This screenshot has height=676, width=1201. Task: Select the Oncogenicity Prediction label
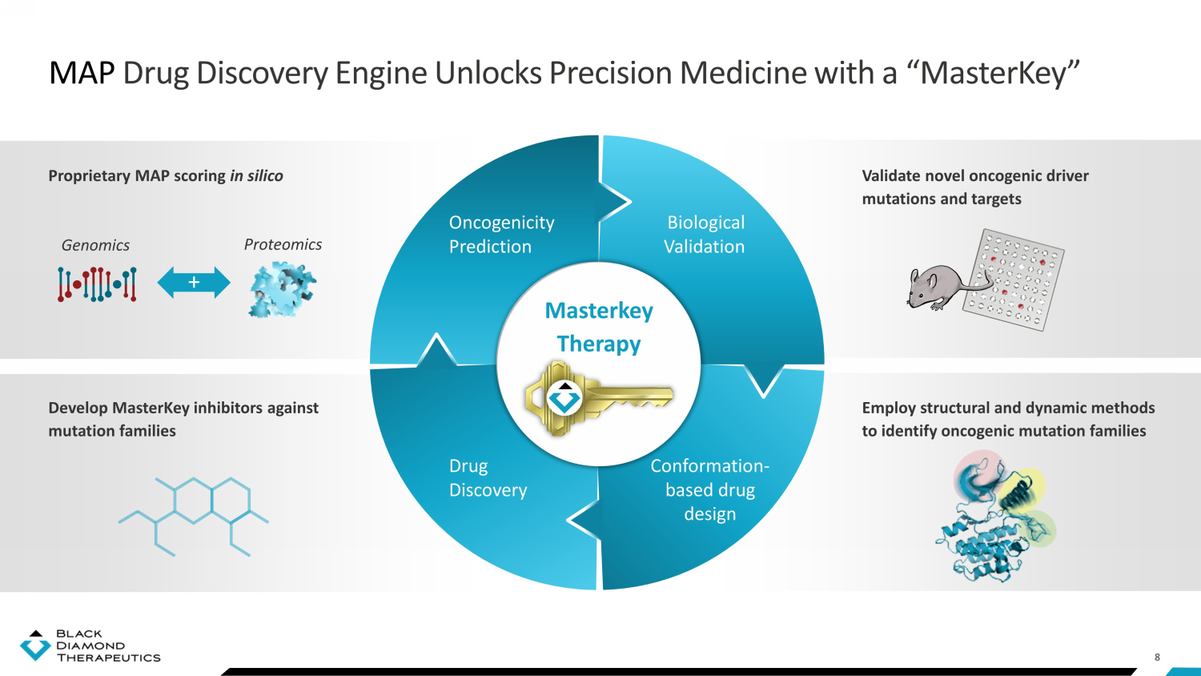pos(501,235)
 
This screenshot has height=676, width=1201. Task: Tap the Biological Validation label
pos(705,235)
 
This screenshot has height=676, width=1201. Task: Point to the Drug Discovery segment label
pos(488,478)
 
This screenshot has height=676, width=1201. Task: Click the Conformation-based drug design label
pos(709,489)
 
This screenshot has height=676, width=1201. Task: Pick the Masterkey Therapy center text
pos(599,327)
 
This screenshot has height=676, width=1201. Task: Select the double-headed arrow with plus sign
pos(194,283)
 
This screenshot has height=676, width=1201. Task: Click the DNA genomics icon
pos(97,284)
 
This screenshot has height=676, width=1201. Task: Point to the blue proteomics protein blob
pos(282,288)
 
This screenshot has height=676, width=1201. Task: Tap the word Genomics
pos(95,245)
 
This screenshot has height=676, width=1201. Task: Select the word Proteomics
pos(283,244)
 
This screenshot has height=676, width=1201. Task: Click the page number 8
pos(1157,657)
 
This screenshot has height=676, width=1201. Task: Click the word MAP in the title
pos(82,73)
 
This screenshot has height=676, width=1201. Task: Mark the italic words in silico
pos(256,175)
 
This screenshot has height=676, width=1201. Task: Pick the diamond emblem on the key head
pos(564,397)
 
